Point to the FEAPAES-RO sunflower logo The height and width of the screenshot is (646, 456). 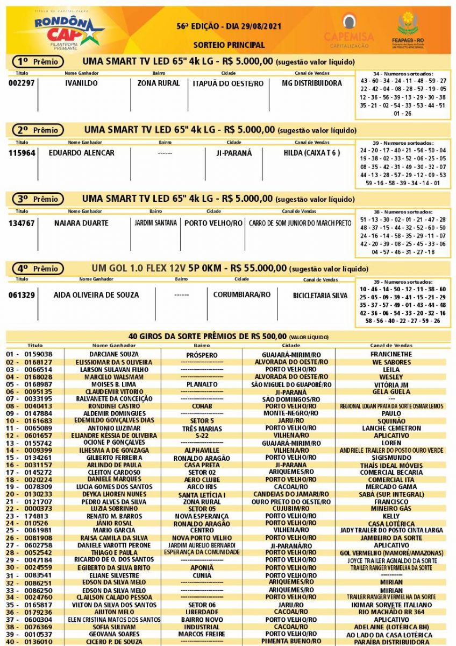[x=408, y=30]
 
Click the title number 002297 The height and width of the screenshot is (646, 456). [x=22, y=83]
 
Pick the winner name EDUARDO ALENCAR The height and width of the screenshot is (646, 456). [x=81, y=153]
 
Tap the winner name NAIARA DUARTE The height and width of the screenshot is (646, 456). [x=81, y=223]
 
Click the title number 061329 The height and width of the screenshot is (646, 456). [x=22, y=295]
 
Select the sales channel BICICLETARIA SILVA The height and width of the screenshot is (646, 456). [x=320, y=296]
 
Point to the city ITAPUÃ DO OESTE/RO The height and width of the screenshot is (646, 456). [x=228, y=83]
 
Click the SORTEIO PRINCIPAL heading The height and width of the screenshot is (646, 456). [x=229, y=45]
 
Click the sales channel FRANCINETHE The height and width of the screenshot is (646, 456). [x=391, y=355]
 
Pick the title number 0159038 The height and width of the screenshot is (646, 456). [x=37, y=355]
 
